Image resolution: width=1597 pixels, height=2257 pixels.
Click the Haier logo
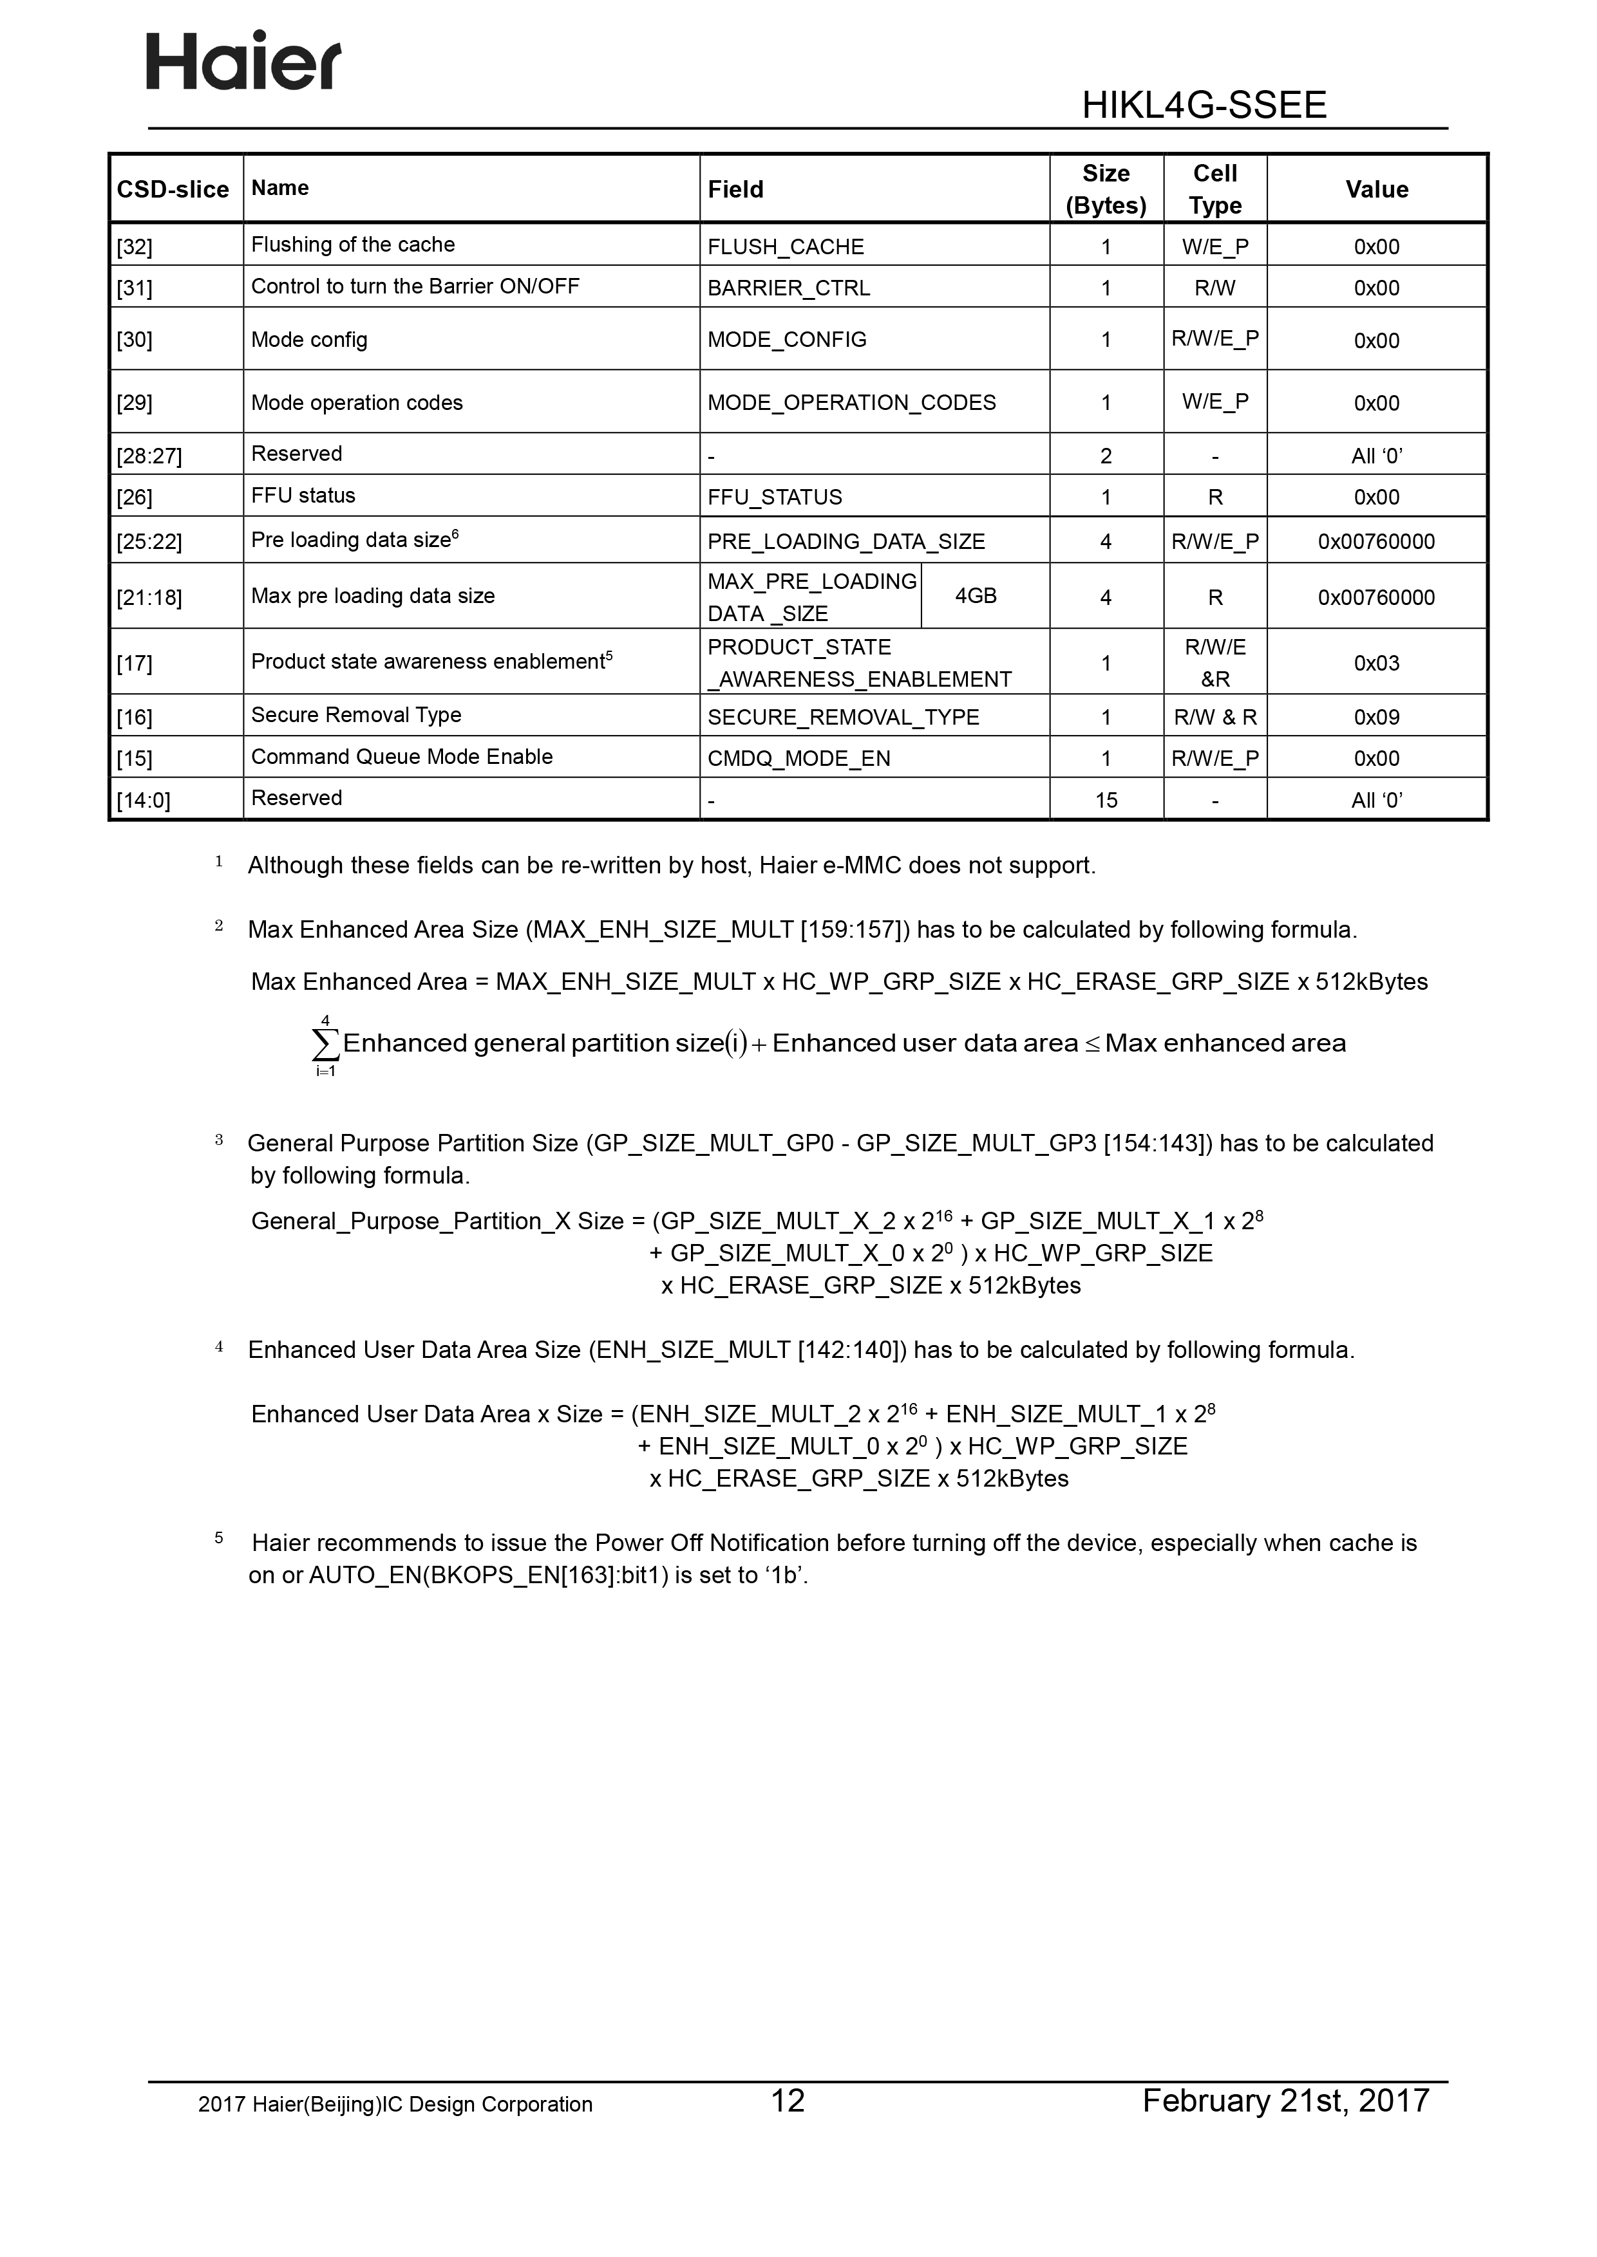pyautogui.click(x=244, y=61)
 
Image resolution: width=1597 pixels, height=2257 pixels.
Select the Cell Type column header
pyautogui.click(x=1214, y=189)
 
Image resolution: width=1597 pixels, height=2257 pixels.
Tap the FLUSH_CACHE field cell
pyautogui.click(x=786, y=246)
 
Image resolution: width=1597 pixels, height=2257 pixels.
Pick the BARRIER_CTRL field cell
pyautogui.click(x=789, y=288)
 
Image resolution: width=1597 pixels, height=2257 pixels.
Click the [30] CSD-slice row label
pyautogui.click(x=135, y=340)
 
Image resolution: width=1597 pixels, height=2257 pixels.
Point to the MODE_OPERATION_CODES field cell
pyautogui.click(x=851, y=403)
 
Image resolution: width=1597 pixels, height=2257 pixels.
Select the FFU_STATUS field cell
pyautogui.click(x=775, y=497)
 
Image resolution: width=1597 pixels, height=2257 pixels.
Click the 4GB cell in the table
pyautogui.click(x=976, y=596)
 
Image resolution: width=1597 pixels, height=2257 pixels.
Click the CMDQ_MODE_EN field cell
pyautogui.click(x=798, y=759)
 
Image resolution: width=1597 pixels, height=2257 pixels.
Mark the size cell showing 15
pyautogui.click(x=1106, y=800)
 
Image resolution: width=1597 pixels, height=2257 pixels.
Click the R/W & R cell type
pyautogui.click(x=1214, y=718)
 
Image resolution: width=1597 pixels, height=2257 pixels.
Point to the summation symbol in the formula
pyautogui.click(x=325, y=1044)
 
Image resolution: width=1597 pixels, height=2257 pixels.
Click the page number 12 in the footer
pyautogui.click(x=788, y=2101)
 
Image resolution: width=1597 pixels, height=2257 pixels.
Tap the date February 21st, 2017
pyautogui.click(x=1285, y=2101)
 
